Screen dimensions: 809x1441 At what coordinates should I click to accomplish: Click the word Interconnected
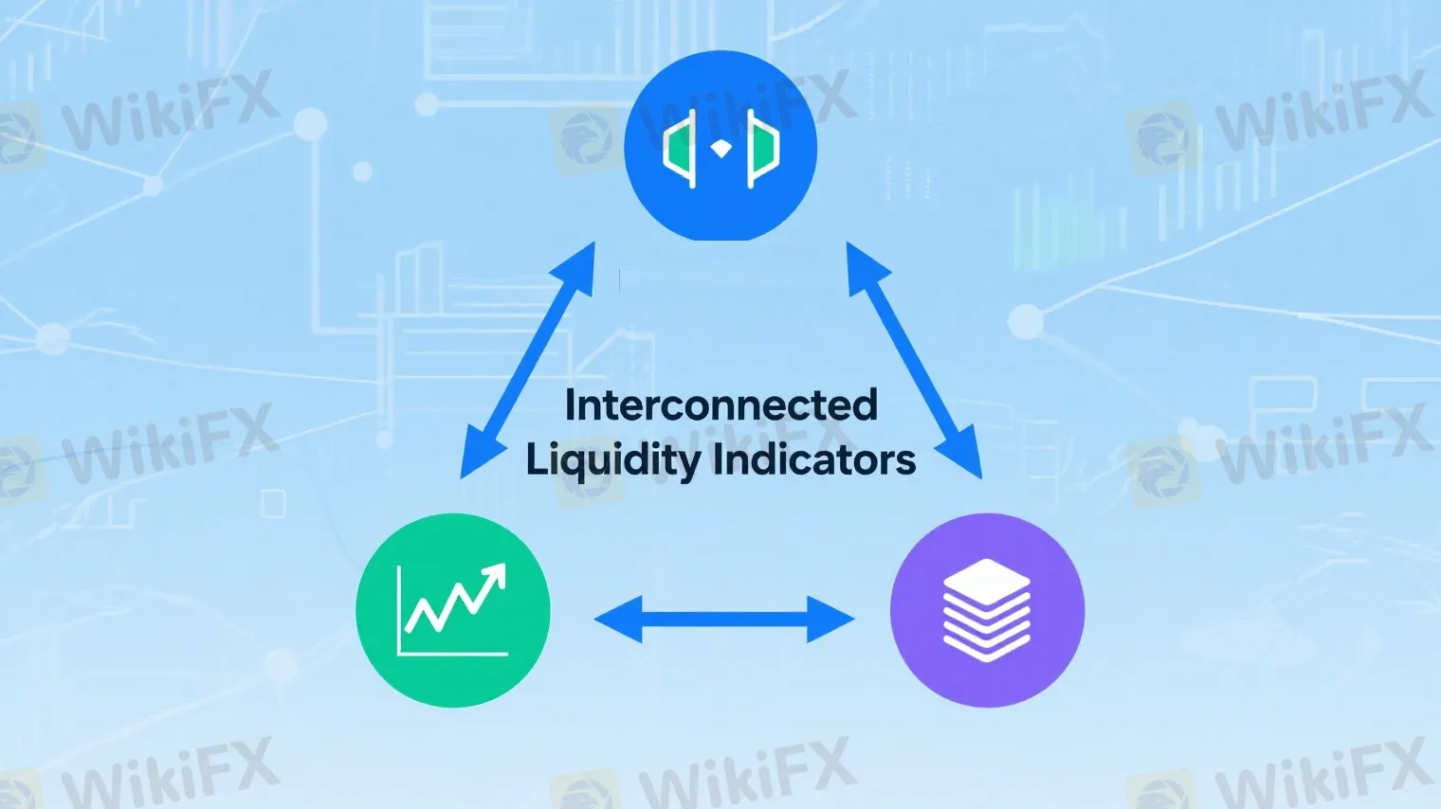point(720,405)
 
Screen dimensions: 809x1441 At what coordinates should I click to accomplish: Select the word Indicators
point(814,460)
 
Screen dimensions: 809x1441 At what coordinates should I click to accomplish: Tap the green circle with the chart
point(453,610)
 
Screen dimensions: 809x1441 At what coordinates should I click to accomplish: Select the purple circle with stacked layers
point(987,610)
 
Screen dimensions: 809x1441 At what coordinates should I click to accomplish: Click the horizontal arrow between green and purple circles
point(724,620)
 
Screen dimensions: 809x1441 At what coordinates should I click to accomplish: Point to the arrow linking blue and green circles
point(528,360)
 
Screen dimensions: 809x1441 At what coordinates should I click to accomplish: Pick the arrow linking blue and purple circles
point(914,360)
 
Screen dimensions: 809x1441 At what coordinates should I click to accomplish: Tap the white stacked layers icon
point(987,610)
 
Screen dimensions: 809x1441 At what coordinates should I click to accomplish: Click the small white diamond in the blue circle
point(721,148)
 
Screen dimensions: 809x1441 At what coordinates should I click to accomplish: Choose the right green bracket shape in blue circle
point(762,148)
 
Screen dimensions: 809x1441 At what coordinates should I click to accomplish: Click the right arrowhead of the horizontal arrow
point(831,620)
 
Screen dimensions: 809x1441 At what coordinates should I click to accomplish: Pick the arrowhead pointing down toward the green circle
point(478,457)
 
